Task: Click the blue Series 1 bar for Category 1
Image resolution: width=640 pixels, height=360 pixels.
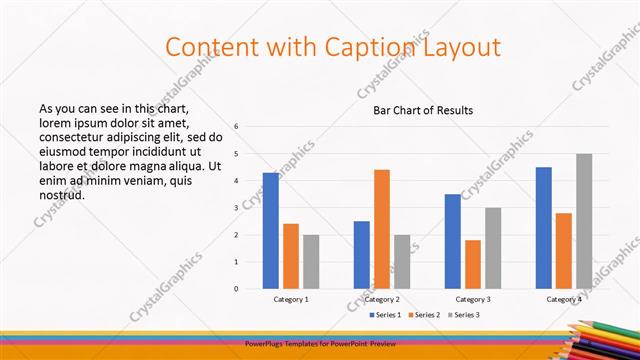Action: click(x=271, y=231)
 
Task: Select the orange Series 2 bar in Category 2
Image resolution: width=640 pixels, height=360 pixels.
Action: click(x=382, y=229)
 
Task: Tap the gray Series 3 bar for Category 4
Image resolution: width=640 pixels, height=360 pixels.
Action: click(x=584, y=221)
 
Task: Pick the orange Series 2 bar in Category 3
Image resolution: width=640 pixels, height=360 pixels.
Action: click(x=473, y=264)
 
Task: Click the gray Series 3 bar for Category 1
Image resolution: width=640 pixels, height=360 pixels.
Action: click(x=311, y=262)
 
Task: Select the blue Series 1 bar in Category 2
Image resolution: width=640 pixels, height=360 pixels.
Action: click(x=361, y=255)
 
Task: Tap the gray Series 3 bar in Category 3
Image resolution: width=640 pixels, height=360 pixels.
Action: click(x=493, y=248)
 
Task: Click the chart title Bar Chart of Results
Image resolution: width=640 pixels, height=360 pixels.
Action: click(x=423, y=110)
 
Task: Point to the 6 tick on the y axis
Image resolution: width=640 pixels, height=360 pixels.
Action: click(x=236, y=127)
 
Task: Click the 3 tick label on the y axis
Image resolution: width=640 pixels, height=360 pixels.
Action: click(x=236, y=208)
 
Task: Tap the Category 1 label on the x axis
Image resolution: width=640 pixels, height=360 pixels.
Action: click(x=291, y=299)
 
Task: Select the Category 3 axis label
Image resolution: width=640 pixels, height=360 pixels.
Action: click(x=473, y=299)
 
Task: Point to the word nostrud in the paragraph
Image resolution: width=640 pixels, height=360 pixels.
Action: click(x=61, y=194)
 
